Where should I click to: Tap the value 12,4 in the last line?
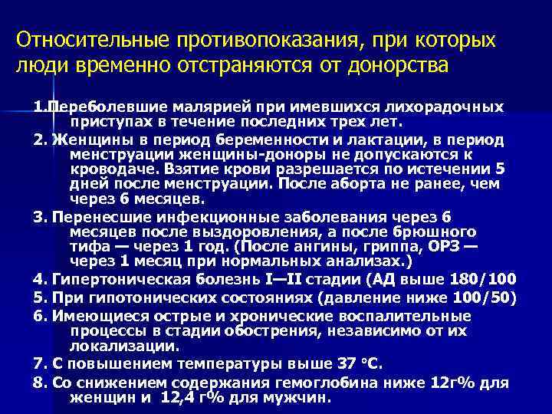pos(178,399)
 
